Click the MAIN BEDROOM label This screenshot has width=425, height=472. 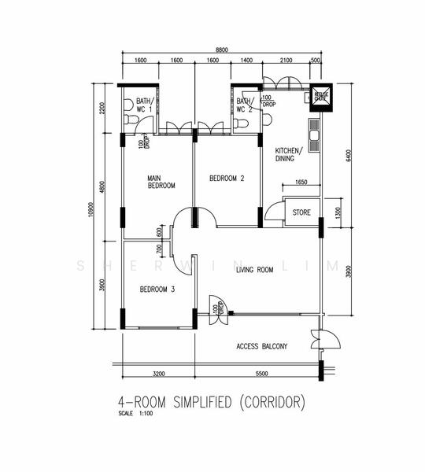pyautogui.click(x=161, y=183)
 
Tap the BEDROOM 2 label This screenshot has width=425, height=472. pyautogui.click(x=227, y=179)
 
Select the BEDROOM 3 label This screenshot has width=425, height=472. pyautogui.click(x=157, y=289)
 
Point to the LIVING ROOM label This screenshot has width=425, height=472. pyautogui.click(x=254, y=270)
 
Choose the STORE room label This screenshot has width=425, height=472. pyautogui.click(x=301, y=212)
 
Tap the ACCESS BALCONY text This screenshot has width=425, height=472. pyautogui.click(x=262, y=346)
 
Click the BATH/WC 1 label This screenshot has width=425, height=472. pyautogui.click(x=143, y=105)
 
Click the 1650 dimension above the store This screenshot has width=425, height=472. pyautogui.click(x=301, y=183)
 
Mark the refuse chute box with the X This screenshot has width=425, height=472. pyautogui.click(x=321, y=97)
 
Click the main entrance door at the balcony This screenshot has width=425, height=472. pyautogui.click(x=324, y=340)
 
